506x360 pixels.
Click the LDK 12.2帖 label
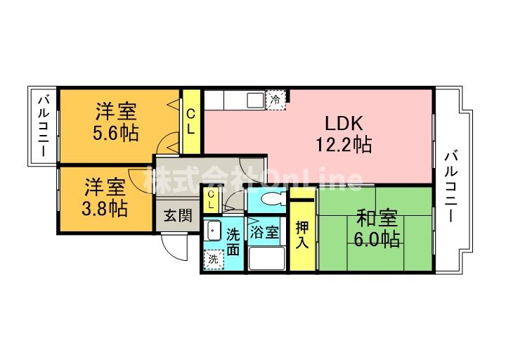(344, 134)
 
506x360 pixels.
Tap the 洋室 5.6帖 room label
(116, 122)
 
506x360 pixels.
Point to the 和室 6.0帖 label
(377, 229)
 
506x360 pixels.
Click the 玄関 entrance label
(178, 216)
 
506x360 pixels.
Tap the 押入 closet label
(302, 235)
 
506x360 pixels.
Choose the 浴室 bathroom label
(264, 232)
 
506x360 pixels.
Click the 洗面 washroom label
(233, 241)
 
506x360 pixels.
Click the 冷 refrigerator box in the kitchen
(275, 100)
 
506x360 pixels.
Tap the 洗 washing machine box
(214, 259)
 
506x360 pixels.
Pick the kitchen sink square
(256, 100)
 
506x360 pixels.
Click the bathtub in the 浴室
(267, 258)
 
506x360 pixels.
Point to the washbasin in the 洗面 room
(213, 231)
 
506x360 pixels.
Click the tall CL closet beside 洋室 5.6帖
(191, 122)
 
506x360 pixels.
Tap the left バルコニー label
(44, 127)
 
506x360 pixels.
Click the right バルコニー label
(450, 186)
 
